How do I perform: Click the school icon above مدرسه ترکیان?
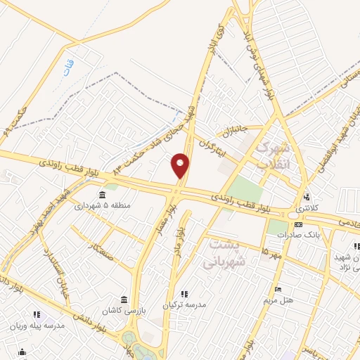(x=184, y=295)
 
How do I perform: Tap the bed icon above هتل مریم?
(x=279, y=289)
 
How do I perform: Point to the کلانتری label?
(x=307, y=209)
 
